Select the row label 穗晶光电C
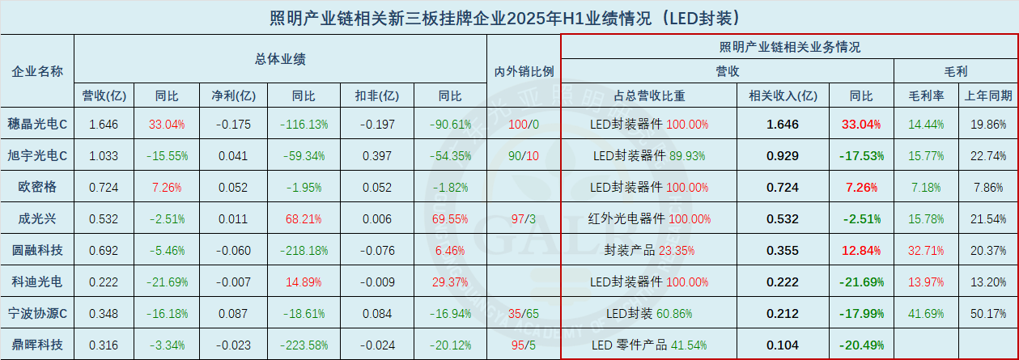[x=37, y=125]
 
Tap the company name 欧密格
[x=37, y=187]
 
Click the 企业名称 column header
[x=37, y=70]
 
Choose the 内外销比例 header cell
[x=524, y=70]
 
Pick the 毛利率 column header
[x=927, y=95]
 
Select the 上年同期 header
[x=987, y=95]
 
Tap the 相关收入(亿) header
[x=783, y=95]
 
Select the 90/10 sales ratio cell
[x=524, y=155]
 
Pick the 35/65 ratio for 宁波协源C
[x=524, y=313]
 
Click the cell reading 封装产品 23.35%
[x=646, y=250]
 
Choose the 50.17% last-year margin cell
[x=987, y=313]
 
